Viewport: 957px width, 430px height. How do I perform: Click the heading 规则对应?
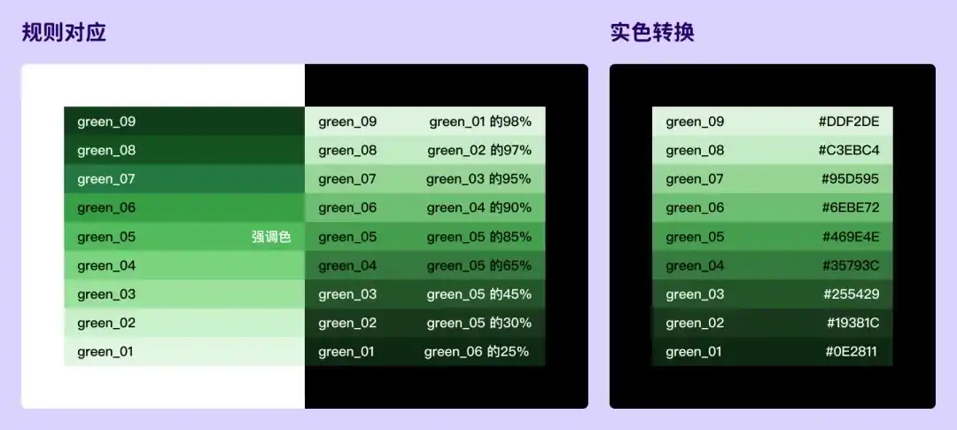click(x=64, y=34)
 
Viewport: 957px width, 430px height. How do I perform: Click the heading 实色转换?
click(x=652, y=34)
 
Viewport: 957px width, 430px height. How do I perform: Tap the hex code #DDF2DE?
click(x=849, y=121)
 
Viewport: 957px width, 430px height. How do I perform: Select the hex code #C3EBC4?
click(x=849, y=150)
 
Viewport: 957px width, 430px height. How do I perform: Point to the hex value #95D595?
click(x=850, y=179)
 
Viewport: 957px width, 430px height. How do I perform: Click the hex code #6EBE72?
click(x=850, y=207)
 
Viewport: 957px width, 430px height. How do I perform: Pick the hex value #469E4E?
click(x=850, y=237)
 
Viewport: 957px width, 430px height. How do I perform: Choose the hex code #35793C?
click(x=851, y=265)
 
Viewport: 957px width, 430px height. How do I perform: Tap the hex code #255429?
click(x=852, y=294)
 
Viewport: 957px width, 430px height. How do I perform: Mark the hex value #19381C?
click(x=852, y=323)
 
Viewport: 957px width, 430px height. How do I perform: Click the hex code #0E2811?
click(x=852, y=352)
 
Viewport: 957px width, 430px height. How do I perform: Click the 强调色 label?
click(x=271, y=237)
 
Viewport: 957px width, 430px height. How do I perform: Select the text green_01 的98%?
click(x=480, y=121)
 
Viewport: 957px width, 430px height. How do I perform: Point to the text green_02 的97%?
click(x=479, y=150)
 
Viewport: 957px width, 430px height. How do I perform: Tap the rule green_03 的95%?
click(x=478, y=179)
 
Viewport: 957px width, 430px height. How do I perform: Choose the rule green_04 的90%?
click(x=478, y=207)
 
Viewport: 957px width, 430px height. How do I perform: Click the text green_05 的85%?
click(x=478, y=237)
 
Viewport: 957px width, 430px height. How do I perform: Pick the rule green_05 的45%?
click(x=478, y=294)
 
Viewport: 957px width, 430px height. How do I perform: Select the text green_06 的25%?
click(x=477, y=352)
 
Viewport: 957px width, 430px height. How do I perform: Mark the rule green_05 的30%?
click(x=478, y=323)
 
